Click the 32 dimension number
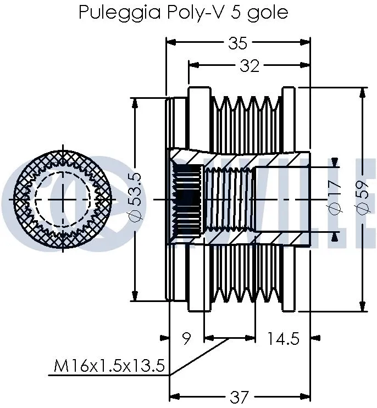250,66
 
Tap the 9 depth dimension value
186,339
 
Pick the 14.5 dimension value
283,339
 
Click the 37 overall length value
240,396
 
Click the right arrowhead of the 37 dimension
308,395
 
